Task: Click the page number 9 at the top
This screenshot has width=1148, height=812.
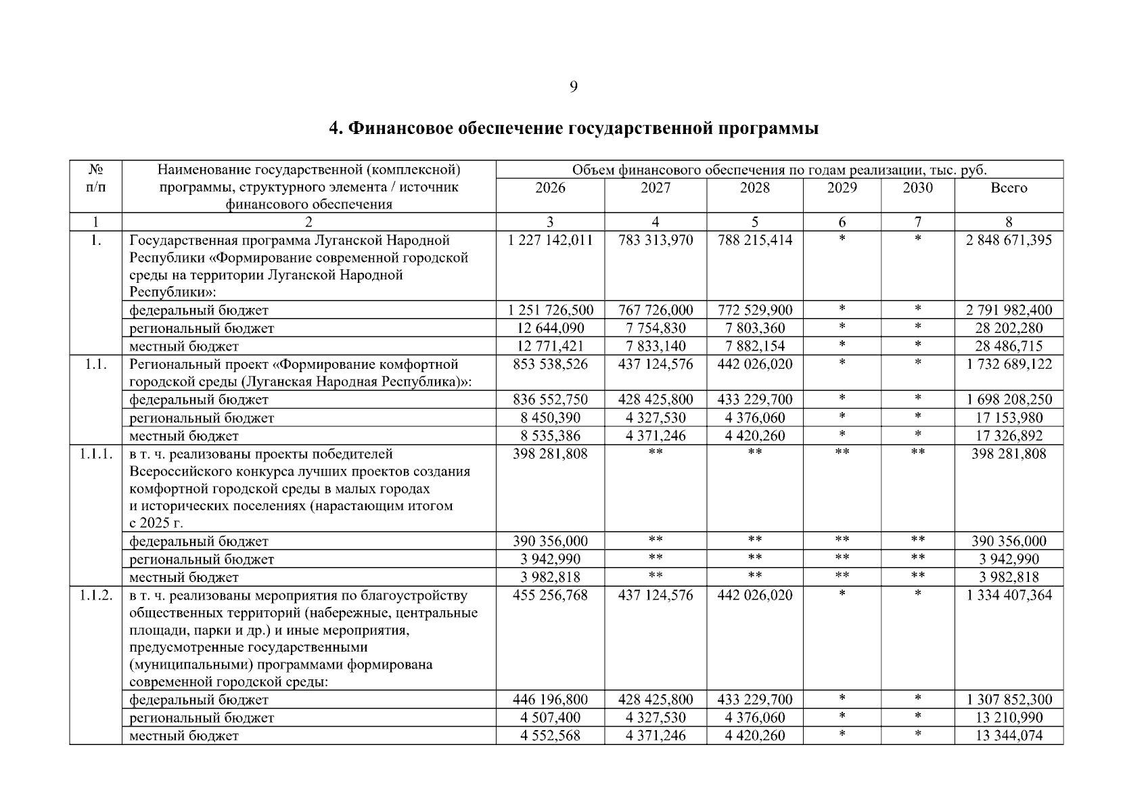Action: [x=574, y=87]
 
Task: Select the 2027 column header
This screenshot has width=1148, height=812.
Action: [x=655, y=188]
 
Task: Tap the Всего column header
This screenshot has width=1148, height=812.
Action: [x=1008, y=188]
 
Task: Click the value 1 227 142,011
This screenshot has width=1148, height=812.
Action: [x=550, y=240]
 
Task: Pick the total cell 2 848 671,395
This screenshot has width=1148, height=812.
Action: [x=1008, y=240]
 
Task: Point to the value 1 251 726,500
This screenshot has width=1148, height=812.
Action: [x=550, y=311]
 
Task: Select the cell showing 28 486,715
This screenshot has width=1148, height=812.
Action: [x=1008, y=346]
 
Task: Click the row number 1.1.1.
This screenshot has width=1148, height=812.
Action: [x=95, y=454]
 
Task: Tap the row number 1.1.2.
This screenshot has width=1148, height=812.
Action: [x=95, y=595]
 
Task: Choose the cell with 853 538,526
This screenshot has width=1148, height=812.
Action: [x=550, y=364]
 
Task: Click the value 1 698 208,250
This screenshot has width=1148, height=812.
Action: [x=1008, y=400]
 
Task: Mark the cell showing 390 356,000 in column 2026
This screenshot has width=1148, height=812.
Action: [x=550, y=541]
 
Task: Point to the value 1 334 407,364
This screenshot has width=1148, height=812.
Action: [x=1008, y=595]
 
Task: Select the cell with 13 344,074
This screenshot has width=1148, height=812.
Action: [x=1008, y=736]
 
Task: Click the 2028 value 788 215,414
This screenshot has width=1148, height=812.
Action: [x=754, y=240]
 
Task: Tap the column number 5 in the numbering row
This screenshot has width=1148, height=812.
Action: [x=754, y=222]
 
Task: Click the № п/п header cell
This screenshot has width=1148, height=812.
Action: [x=95, y=178]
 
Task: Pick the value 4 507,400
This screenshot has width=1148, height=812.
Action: [x=550, y=717]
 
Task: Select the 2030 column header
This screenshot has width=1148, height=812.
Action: [x=917, y=188]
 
